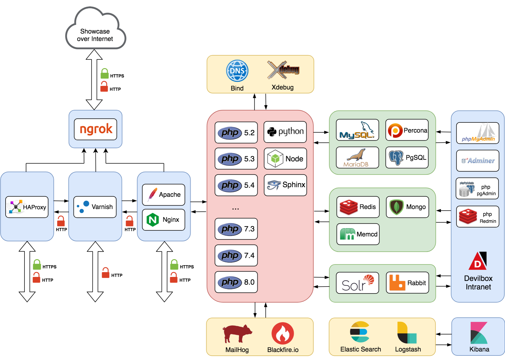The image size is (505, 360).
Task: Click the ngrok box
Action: (96, 129)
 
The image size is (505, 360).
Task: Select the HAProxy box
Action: (27, 207)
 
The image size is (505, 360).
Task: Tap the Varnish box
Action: (95, 207)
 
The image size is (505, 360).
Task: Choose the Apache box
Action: (164, 195)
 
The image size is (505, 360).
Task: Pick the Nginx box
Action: (164, 220)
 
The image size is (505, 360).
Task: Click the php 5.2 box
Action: (236, 133)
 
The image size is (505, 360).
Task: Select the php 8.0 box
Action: (236, 282)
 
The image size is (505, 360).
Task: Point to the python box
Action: (285, 132)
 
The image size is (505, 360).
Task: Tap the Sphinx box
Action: (285, 185)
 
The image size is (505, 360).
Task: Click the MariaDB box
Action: (357, 158)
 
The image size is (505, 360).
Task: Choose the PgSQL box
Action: (407, 158)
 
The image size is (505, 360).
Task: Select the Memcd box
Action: (358, 234)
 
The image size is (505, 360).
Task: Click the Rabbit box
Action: (408, 283)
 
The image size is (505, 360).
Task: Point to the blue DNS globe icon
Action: (237, 71)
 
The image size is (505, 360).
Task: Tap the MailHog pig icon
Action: (237, 333)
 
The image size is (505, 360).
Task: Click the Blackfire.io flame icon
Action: (283, 333)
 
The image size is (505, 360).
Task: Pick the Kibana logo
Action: (479, 333)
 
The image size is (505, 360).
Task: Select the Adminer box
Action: (478, 161)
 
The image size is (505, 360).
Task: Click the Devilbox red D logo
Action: (478, 261)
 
